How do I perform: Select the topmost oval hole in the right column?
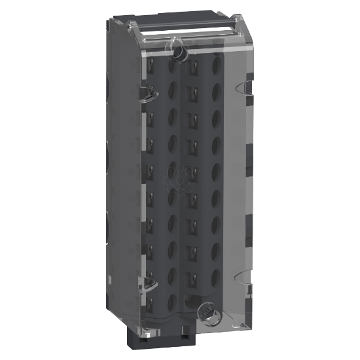pos(215,65)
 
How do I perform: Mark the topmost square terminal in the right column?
pos(194,65)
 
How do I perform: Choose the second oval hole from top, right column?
pos(215,90)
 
